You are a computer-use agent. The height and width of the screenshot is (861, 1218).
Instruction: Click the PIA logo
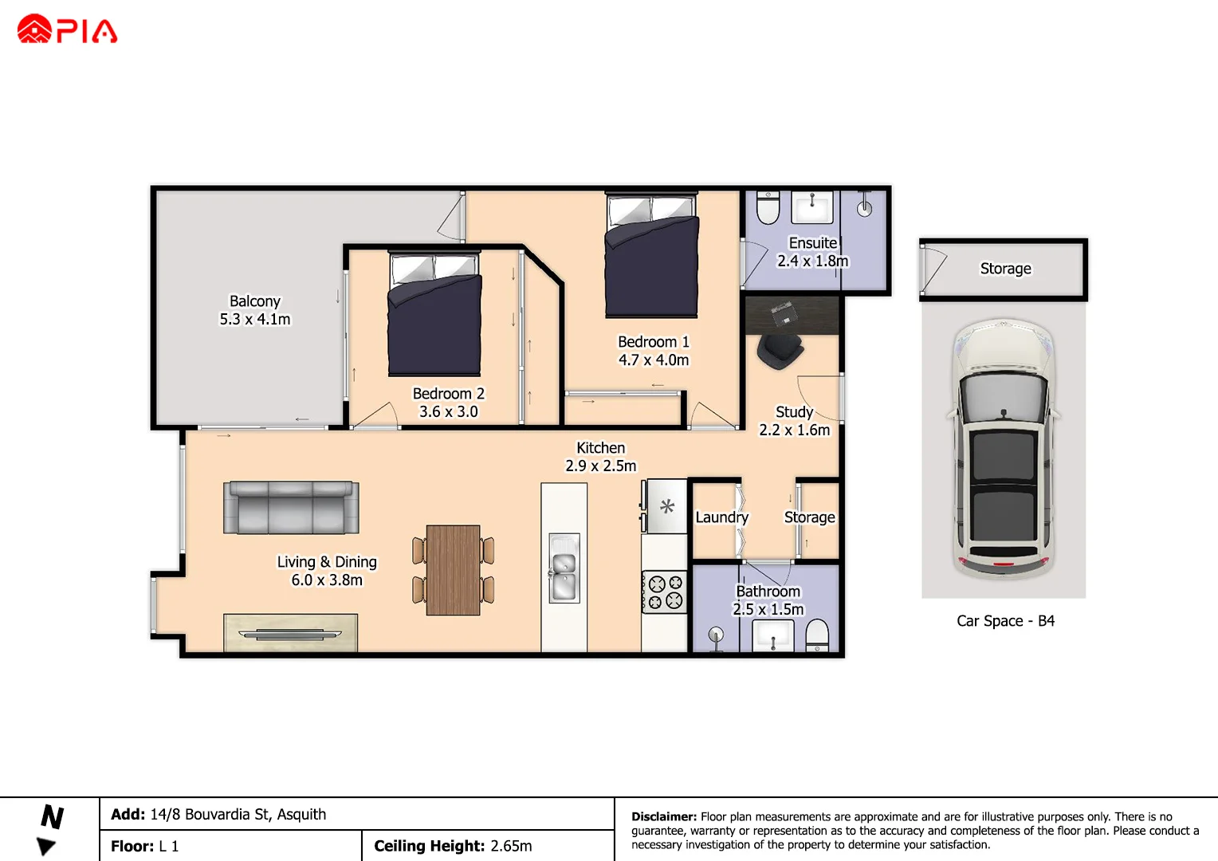67,29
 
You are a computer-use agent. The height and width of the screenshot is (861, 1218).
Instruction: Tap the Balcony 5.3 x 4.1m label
255,310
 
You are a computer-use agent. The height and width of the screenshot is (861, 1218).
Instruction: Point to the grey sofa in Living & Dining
291,508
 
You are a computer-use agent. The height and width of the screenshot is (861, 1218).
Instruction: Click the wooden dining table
453,569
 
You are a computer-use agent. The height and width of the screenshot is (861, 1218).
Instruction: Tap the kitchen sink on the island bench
564,568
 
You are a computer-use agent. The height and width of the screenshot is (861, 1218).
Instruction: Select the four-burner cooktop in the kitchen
665,592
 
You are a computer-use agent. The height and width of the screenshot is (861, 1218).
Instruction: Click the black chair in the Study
779,350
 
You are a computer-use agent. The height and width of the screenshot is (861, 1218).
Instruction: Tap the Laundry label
721,517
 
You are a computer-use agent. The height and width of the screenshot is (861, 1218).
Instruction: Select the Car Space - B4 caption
1005,621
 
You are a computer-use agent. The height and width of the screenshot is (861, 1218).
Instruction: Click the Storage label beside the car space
1005,269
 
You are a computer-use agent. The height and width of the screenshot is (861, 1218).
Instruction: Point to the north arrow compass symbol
50,830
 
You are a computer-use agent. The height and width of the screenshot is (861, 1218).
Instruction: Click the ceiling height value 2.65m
511,846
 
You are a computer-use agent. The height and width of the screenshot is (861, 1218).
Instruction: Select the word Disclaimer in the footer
663,816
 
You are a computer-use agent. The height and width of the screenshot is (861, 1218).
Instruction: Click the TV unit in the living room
290,633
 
